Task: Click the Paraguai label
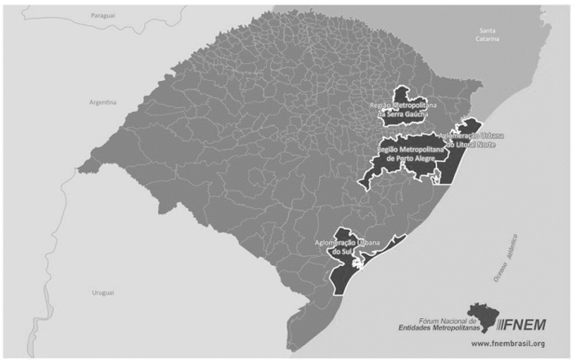pos(102,15)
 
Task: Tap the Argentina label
pos(104,102)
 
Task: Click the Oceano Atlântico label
pos(507,259)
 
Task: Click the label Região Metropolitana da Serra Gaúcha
pos(403,110)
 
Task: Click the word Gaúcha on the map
pos(408,115)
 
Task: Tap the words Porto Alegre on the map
pos(415,159)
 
